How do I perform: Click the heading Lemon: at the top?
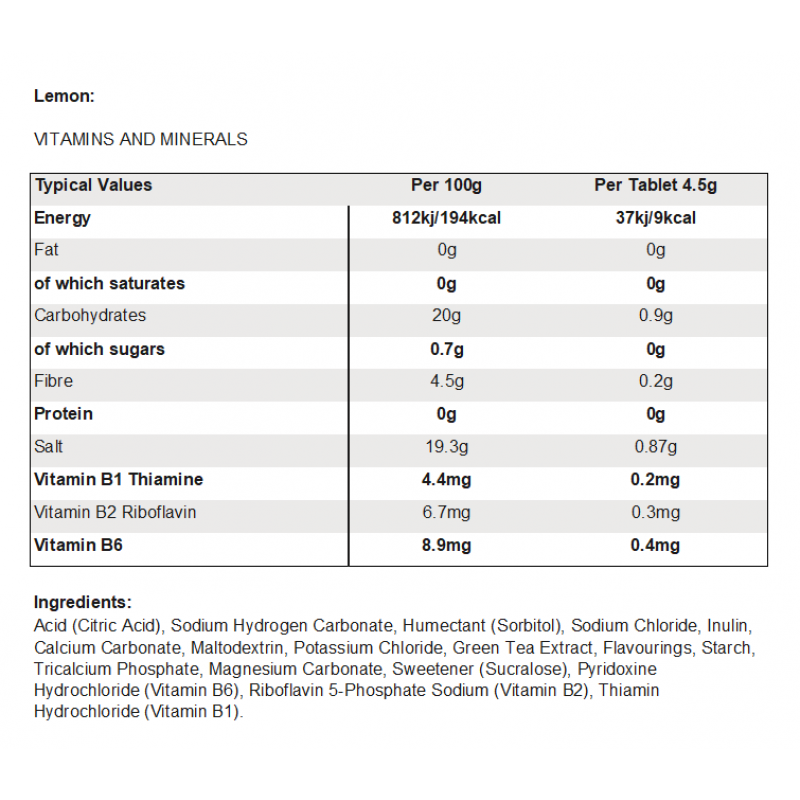64,96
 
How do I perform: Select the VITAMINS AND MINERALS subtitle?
141,140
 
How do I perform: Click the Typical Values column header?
93,185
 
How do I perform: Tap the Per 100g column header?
446,185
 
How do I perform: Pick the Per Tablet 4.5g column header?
655,185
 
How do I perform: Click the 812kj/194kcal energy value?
446,218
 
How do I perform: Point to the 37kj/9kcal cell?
655,218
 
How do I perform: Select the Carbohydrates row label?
90,316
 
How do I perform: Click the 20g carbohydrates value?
446,316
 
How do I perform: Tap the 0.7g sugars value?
446,349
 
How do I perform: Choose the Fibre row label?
53,381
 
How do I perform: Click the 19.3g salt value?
446,447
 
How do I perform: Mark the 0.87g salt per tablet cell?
655,447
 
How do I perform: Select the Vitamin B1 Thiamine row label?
118,480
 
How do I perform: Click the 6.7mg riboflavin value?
446,513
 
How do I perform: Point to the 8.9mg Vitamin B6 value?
446,545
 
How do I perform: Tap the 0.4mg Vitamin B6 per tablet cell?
655,545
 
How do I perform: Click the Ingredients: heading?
82,602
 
